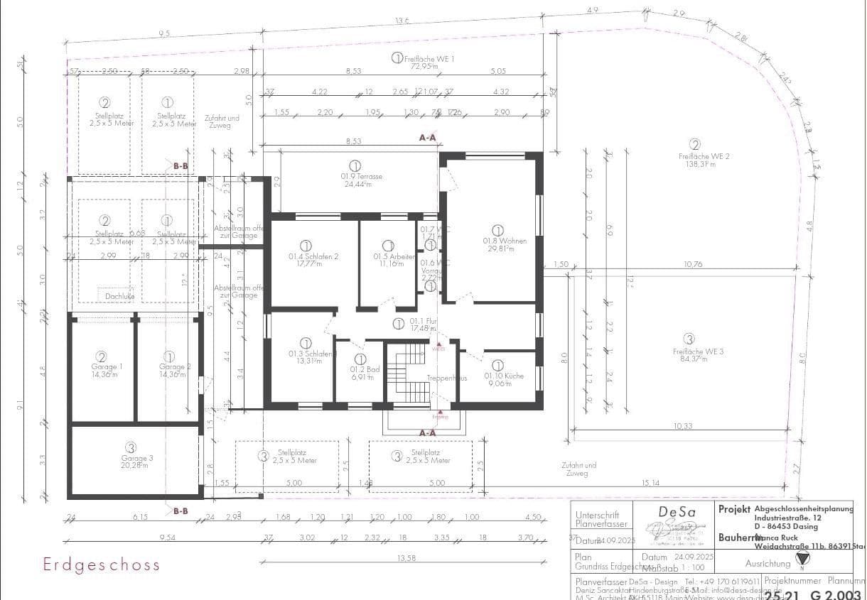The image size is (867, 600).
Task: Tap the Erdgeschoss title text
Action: click(102, 565)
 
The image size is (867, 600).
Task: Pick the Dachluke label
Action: click(119, 295)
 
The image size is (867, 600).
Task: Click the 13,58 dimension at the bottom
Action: click(406, 559)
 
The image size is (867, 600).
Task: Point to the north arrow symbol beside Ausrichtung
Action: click(802, 559)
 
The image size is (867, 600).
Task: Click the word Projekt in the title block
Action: click(734, 509)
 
